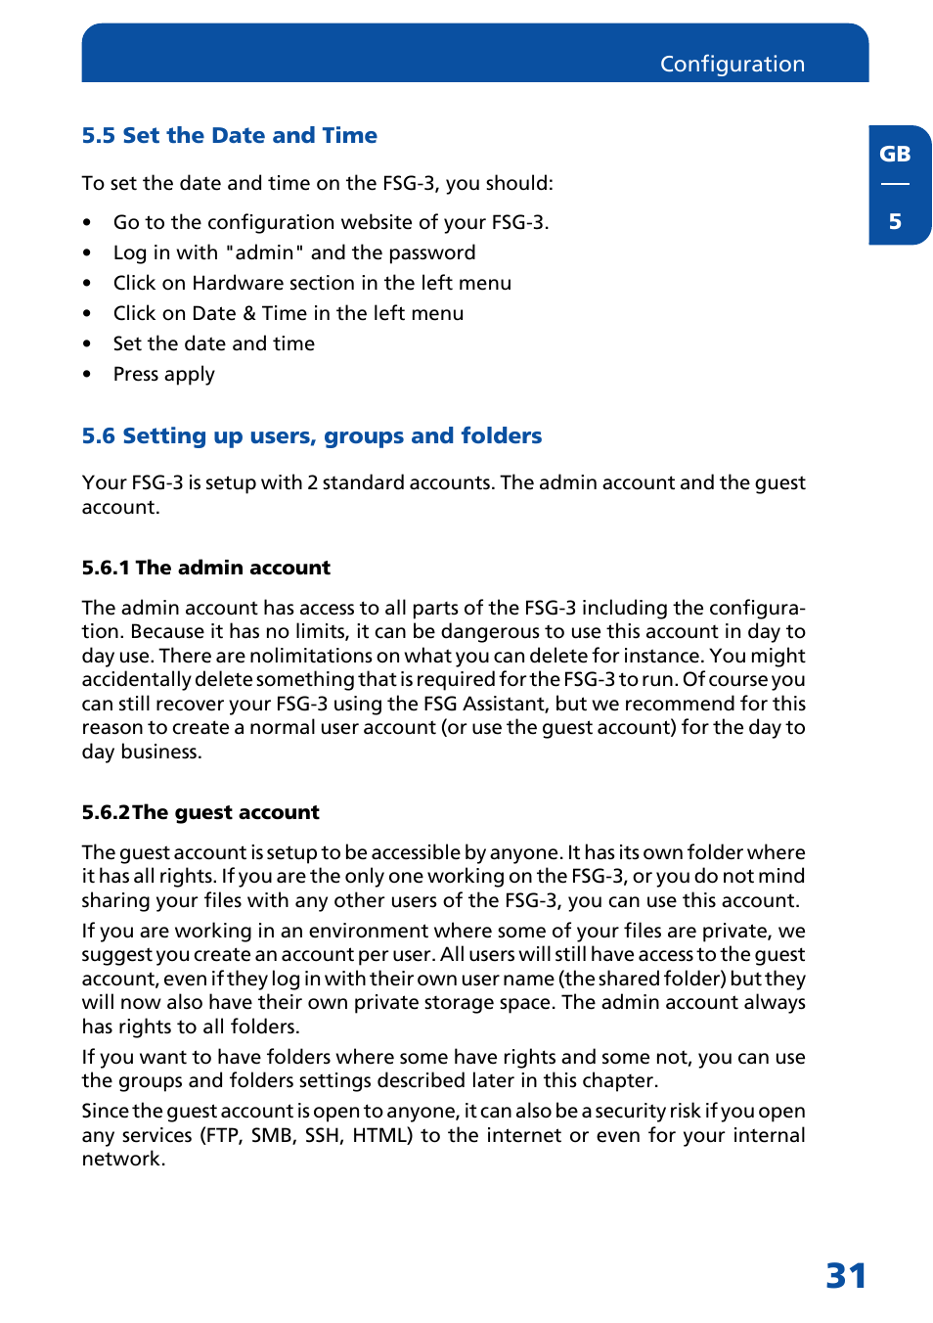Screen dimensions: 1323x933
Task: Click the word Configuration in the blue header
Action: tap(732, 64)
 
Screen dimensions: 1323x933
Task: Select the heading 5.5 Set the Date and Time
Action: tap(229, 135)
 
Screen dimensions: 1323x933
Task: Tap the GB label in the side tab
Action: tap(894, 154)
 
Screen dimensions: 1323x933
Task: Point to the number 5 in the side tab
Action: tap(894, 221)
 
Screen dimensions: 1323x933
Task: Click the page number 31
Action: tap(846, 1275)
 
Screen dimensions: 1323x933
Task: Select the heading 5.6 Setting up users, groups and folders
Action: tap(311, 435)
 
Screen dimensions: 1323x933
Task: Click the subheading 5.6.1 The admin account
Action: tap(205, 568)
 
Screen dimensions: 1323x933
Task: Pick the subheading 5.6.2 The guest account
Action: tap(200, 812)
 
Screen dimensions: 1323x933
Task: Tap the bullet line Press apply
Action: tap(163, 374)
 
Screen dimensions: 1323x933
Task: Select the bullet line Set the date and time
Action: tap(213, 343)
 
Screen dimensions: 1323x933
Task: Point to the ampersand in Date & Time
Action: tap(248, 313)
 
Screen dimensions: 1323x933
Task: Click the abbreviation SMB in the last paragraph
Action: tap(273, 1135)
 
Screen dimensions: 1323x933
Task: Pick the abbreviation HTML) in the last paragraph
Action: tap(382, 1135)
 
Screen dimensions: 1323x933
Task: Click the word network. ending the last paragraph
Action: tap(123, 1159)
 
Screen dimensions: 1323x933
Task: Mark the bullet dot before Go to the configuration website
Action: tap(87, 223)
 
